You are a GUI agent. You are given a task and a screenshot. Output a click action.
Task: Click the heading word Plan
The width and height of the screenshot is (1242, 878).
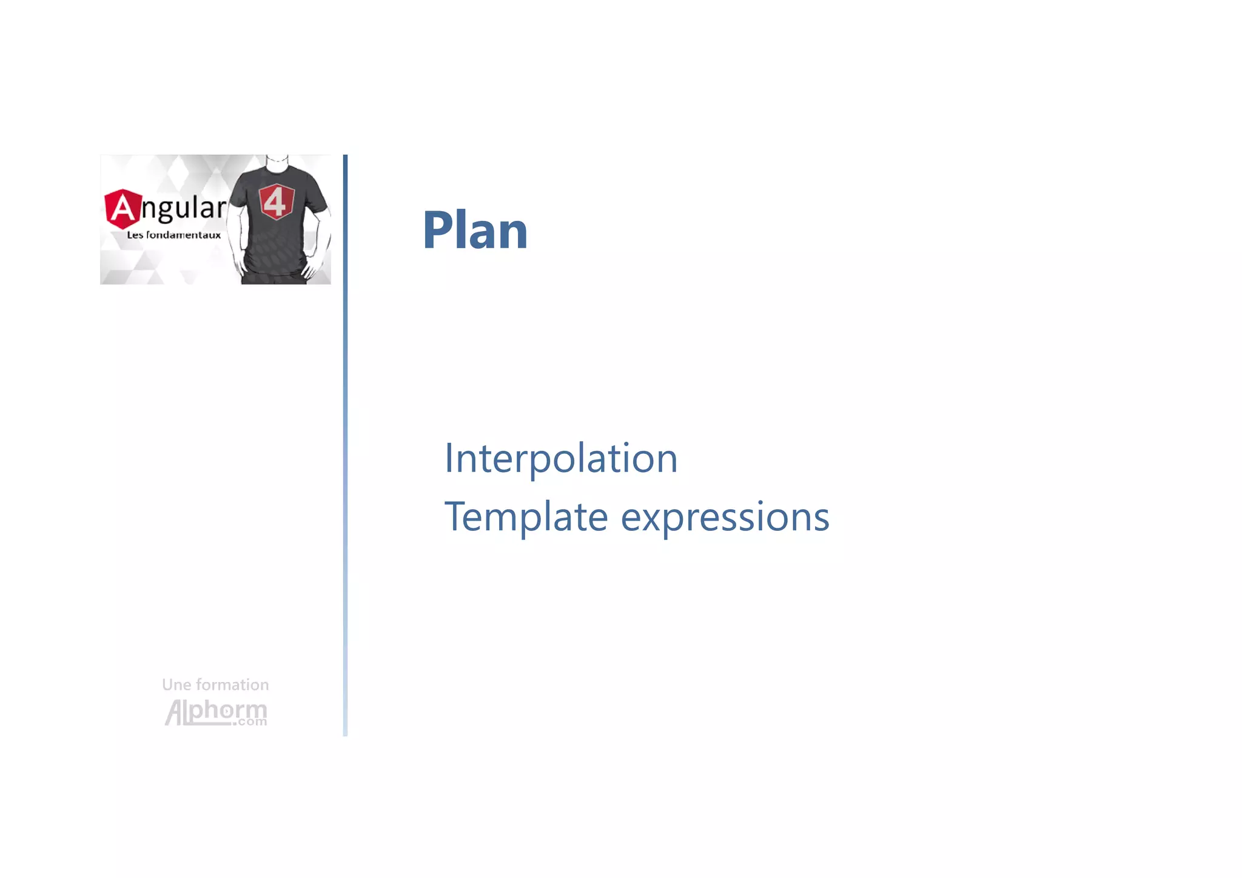(x=475, y=230)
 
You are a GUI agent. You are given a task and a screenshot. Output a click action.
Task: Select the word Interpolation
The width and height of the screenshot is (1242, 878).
(x=561, y=458)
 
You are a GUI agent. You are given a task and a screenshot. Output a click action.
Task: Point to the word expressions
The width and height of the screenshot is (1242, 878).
(x=725, y=518)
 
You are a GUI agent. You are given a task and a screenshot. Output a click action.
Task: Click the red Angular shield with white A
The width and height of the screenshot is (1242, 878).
(x=123, y=209)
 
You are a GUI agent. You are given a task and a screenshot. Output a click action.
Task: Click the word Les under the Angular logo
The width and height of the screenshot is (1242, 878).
(x=135, y=235)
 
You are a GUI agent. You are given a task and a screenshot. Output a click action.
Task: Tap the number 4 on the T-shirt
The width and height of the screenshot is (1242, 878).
(x=276, y=201)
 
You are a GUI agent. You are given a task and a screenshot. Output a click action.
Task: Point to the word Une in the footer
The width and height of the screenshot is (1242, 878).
(x=176, y=685)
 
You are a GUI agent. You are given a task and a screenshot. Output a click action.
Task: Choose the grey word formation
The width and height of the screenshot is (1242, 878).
(x=232, y=685)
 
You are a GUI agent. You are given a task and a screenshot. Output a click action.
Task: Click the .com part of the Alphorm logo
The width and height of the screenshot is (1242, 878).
(x=250, y=722)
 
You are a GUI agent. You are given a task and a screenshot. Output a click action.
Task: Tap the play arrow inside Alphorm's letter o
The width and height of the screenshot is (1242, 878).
(x=226, y=711)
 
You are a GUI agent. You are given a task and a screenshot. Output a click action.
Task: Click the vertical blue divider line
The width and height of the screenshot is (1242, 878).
(x=345, y=445)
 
